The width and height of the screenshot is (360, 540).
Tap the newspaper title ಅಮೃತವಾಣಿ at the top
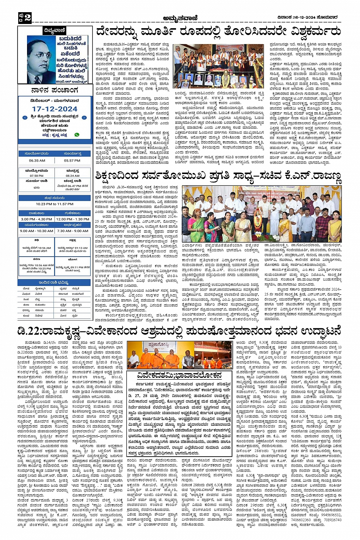[179, 18]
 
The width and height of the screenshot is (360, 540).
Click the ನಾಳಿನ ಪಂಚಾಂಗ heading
[55, 90]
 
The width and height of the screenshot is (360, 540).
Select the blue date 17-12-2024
[55, 109]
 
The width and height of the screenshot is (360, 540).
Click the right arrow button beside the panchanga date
[85, 118]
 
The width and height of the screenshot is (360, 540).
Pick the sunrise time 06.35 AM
[37, 160]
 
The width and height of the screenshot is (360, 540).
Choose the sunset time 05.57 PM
[72, 160]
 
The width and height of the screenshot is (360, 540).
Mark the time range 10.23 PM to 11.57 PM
[55, 204]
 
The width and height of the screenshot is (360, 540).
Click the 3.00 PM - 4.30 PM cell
[37, 219]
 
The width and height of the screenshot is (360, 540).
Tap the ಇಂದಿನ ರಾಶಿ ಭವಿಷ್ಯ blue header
[55, 282]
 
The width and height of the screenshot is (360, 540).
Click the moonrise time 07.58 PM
[37, 176]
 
